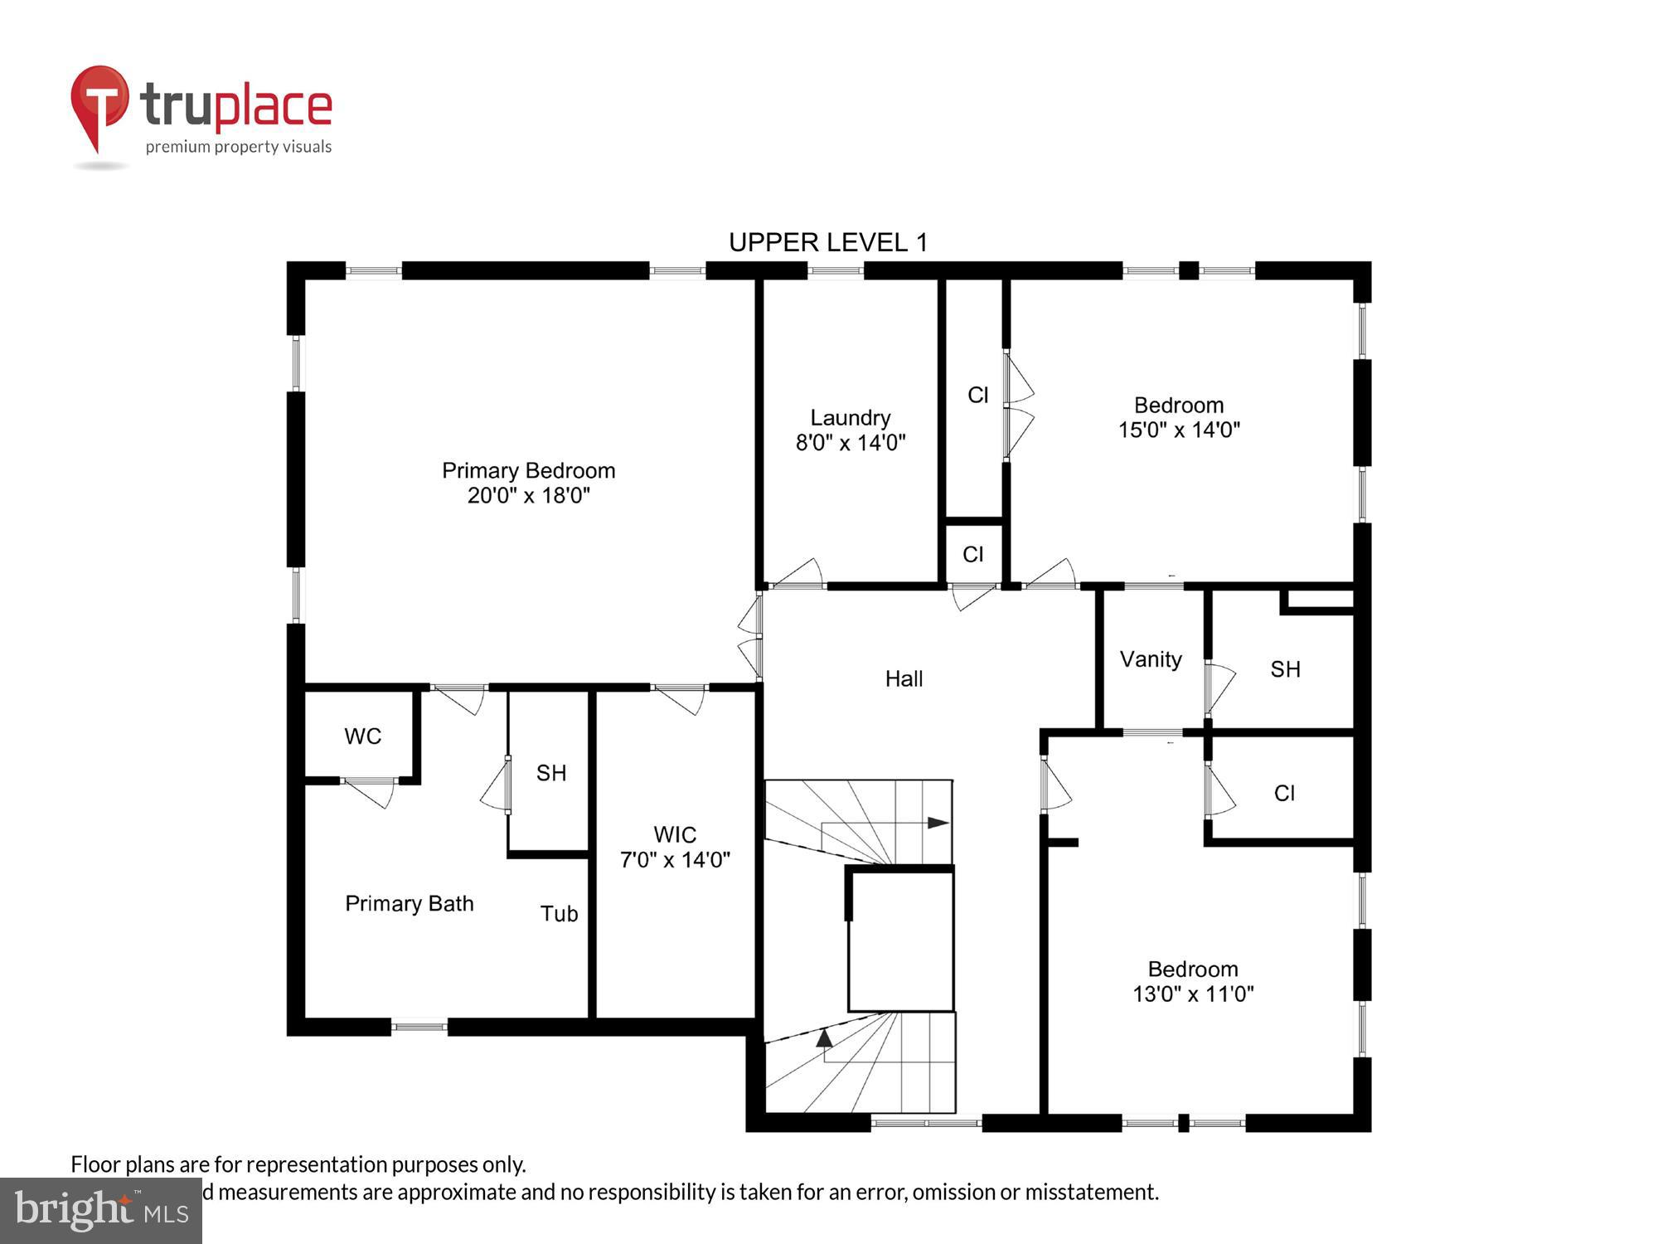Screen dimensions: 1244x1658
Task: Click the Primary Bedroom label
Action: point(528,471)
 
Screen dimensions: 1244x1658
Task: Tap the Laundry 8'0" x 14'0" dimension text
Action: point(851,443)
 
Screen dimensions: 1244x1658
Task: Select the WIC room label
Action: point(675,834)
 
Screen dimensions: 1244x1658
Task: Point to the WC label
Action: point(363,736)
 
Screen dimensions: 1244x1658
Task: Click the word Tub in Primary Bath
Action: point(559,914)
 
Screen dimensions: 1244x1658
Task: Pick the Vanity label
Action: point(1151,659)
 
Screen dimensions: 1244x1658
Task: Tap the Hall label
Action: point(904,679)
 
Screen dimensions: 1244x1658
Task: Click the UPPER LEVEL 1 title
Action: point(828,242)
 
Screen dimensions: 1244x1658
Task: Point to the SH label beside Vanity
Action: point(1285,669)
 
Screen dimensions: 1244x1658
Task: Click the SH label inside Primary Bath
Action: point(551,773)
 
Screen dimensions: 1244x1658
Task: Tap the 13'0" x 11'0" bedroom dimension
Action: point(1193,994)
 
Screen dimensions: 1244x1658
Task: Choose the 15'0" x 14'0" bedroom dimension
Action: point(1179,430)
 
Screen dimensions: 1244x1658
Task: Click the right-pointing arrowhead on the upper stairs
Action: point(938,823)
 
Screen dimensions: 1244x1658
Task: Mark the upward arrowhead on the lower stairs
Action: point(824,1037)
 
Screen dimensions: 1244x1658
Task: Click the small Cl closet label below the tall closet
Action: point(973,554)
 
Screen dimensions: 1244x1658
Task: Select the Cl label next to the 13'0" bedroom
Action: point(1284,794)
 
